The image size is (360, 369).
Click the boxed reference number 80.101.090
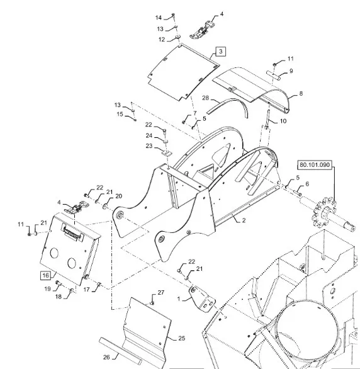(315, 165)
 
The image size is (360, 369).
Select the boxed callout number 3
(220, 51)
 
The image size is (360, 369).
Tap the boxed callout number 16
(45, 275)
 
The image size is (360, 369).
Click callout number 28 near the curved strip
(205, 98)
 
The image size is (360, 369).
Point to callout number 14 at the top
(159, 18)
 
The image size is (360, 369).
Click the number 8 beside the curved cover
(301, 93)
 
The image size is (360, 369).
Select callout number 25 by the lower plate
(181, 338)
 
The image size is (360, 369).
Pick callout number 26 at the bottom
(106, 357)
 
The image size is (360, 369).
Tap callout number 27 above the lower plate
(161, 293)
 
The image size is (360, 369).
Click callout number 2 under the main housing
(244, 220)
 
